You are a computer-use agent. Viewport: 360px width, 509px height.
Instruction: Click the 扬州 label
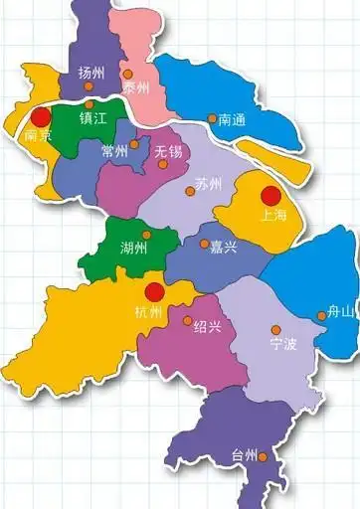(x=91, y=74)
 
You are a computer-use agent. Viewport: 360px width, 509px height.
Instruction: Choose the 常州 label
(x=114, y=151)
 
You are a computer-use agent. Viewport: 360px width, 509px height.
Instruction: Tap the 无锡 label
(x=168, y=150)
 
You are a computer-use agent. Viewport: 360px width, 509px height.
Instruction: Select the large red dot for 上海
(x=269, y=195)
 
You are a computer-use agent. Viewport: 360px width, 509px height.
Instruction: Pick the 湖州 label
(x=134, y=247)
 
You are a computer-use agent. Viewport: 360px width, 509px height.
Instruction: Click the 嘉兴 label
(x=223, y=245)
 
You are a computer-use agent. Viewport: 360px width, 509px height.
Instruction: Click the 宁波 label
(x=282, y=344)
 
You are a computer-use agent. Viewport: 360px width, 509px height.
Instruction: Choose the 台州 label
(x=243, y=455)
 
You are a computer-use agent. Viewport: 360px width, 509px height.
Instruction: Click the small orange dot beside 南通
(x=212, y=118)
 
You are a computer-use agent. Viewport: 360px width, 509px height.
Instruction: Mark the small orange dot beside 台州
(x=264, y=454)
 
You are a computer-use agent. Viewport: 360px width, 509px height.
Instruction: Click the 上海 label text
(x=272, y=213)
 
